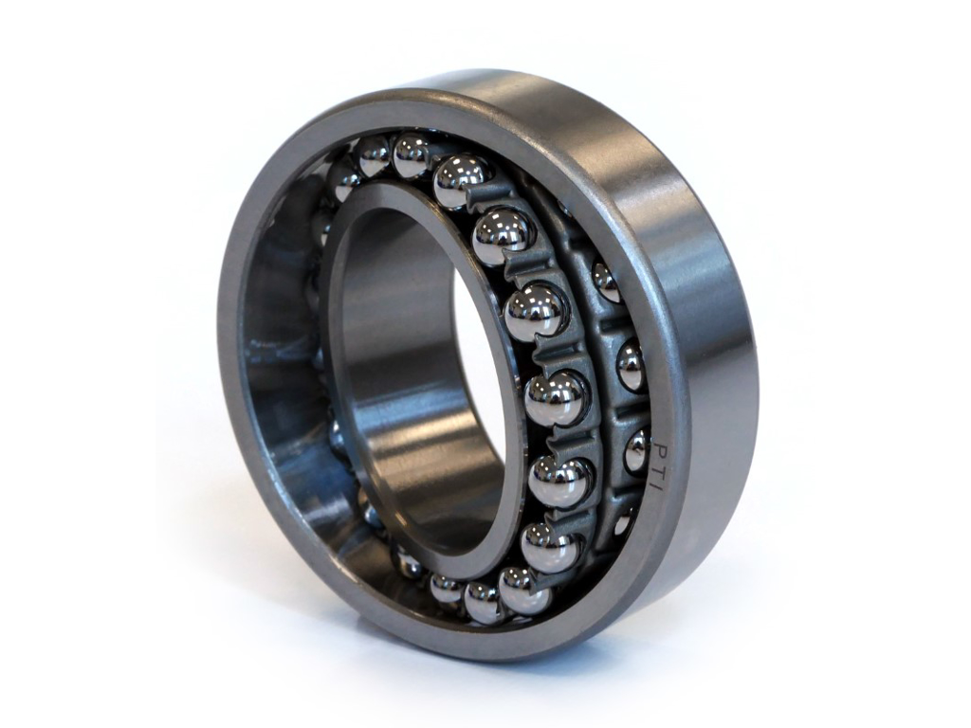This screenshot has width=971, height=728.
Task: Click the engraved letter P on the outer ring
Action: (661, 439)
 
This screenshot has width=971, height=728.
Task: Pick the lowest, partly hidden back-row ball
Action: (623, 520)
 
